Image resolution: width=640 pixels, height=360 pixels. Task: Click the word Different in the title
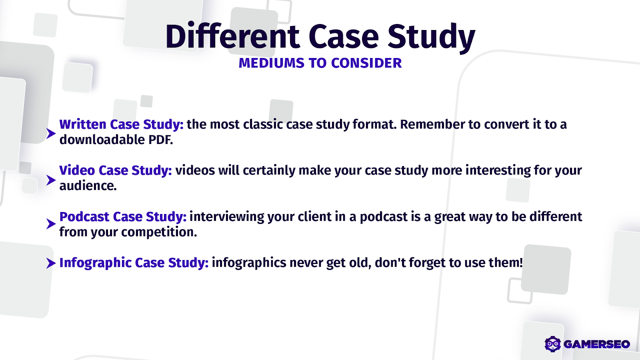[232, 37]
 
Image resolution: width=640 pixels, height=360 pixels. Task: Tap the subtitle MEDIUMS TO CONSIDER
[320, 63]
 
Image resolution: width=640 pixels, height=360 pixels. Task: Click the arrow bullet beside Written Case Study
[50, 133]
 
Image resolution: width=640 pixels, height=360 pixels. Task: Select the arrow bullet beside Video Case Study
[50, 180]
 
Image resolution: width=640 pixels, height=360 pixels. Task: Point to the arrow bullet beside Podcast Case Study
[50, 224]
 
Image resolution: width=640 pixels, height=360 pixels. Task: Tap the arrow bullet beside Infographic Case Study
[50, 263]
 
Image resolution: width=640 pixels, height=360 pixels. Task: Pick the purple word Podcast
[84, 217]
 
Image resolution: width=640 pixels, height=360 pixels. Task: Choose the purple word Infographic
[95, 263]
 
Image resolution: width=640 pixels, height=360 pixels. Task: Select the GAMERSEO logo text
[596, 344]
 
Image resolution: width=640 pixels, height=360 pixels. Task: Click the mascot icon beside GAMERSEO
[553, 344]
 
